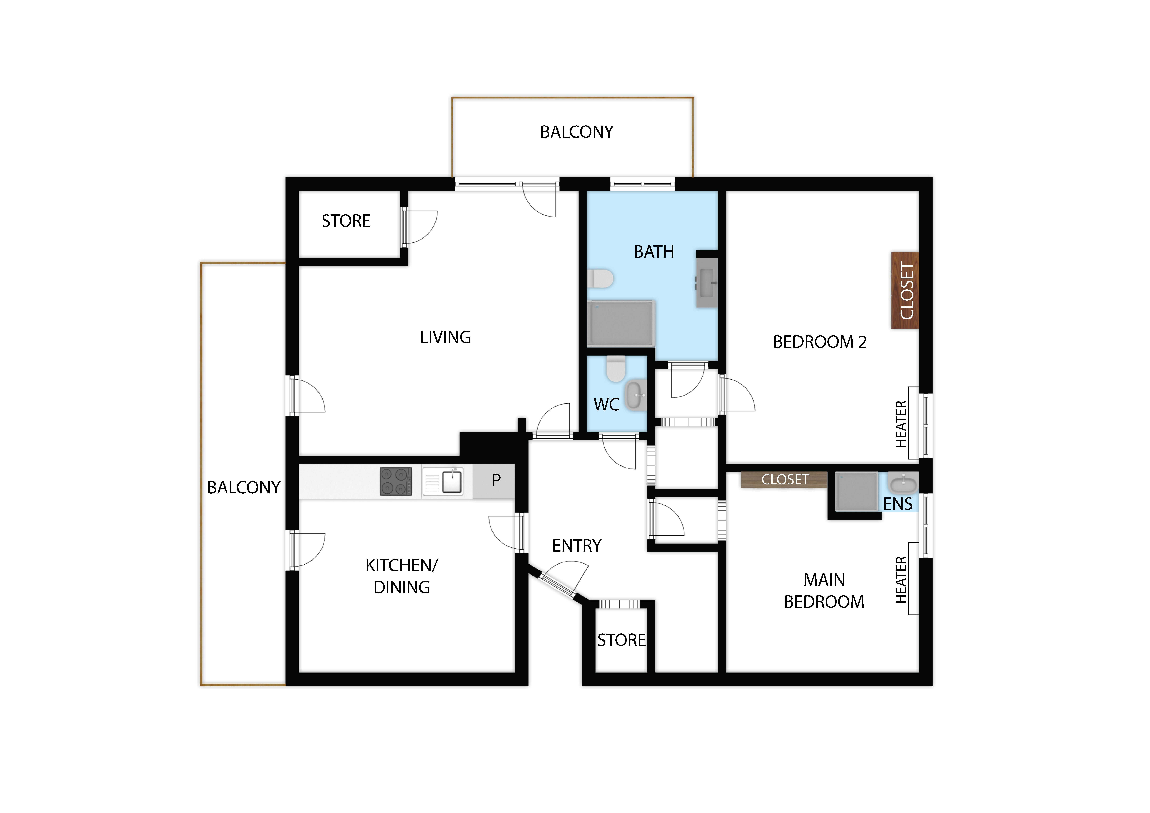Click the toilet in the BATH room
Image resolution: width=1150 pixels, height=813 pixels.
(x=600, y=278)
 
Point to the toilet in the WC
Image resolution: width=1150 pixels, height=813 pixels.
(x=616, y=368)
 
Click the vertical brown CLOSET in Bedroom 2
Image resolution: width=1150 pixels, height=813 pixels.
(x=904, y=290)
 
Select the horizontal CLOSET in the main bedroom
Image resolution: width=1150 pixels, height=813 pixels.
(x=784, y=480)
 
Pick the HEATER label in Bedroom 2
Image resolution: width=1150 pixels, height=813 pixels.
(x=901, y=424)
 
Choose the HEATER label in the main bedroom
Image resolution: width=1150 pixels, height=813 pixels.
(x=901, y=580)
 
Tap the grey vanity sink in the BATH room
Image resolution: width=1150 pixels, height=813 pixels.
(x=707, y=283)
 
